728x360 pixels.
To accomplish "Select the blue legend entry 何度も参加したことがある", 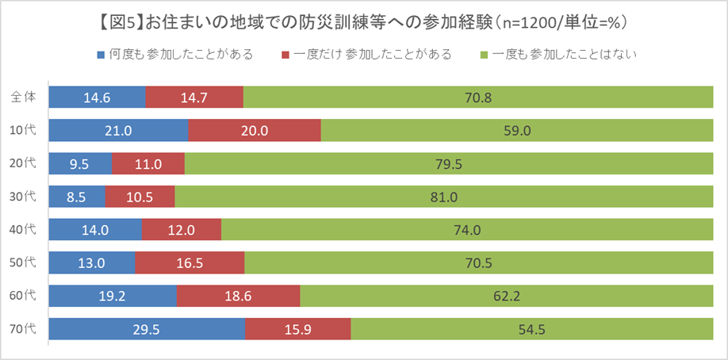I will pos(174,55).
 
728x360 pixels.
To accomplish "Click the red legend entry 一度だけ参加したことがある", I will pos(366,55).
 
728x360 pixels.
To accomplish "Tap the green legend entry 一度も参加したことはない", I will pos(560,55).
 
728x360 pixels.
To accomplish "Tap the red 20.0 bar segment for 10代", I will pos(255,131).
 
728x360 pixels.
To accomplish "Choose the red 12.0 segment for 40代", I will pos(182,230).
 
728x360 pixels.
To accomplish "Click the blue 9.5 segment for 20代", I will pos(80,164).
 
